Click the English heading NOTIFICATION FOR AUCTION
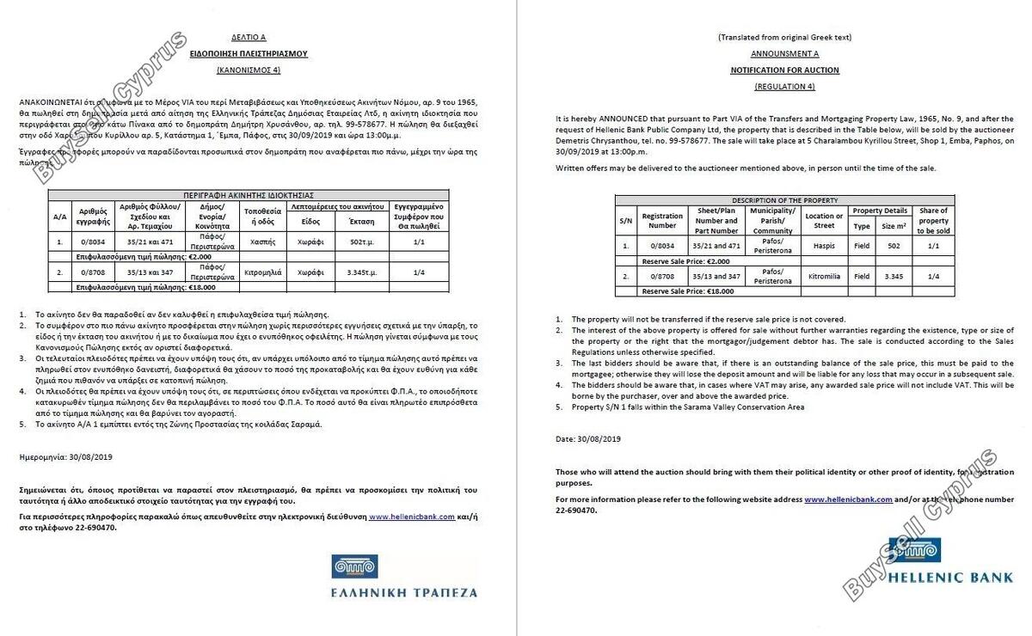[784, 70]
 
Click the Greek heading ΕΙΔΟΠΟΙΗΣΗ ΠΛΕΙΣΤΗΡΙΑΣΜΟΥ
[249, 53]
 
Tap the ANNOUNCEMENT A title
[784, 53]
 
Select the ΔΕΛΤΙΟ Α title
[249, 38]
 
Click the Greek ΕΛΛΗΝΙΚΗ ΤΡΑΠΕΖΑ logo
[403, 577]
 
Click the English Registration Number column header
[662, 221]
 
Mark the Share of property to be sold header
[933, 221]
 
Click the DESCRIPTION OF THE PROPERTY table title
[783, 200]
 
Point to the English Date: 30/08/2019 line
[587, 439]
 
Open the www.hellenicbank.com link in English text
[847, 499]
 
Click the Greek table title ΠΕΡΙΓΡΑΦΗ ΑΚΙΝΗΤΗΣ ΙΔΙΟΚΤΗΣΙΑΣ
[249, 195]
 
